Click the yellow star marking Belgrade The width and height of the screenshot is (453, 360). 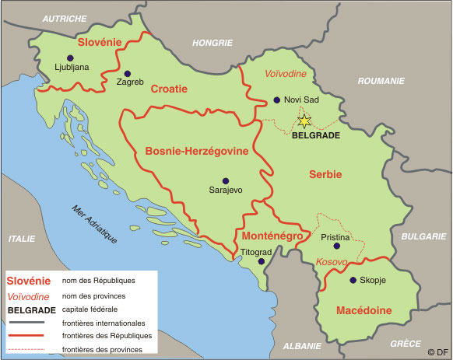(x=304, y=121)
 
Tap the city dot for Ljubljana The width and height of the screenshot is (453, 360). (x=70, y=58)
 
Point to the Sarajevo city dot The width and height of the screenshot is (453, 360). (x=226, y=180)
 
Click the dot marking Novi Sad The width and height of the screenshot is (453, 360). (x=277, y=100)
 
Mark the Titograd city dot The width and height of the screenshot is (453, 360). (x=261, y=262)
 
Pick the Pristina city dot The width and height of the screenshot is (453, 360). (x=336, y=246)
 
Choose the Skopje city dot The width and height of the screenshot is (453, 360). (x=353, y=280)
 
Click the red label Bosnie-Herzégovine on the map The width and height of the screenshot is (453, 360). (x=196, y=152)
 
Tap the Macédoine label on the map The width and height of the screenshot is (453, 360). (x=363, y=311)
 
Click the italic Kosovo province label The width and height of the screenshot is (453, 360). (x=332, y=263)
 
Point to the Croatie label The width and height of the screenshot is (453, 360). (x=169, y=89)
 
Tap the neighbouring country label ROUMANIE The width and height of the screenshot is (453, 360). (x=381, y=81)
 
